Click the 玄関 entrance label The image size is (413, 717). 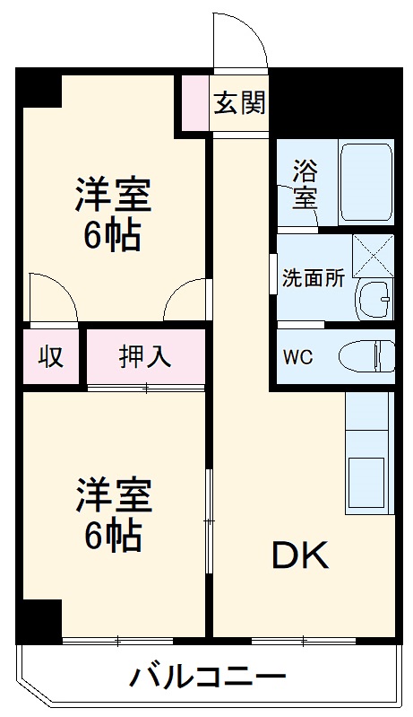point(239,103)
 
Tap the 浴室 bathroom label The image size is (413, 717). point(305,183)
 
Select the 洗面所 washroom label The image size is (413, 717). point(314,278)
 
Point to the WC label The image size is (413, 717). point(299,356)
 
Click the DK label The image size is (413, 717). point(301,556)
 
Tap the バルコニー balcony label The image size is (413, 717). point(209,675)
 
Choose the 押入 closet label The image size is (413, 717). point(145,356)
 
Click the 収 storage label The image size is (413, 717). point(51,356)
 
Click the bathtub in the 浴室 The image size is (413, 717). point(366,181)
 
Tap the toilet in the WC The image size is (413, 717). point(367,355)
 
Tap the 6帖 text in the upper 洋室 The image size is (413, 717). point(112,235)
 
